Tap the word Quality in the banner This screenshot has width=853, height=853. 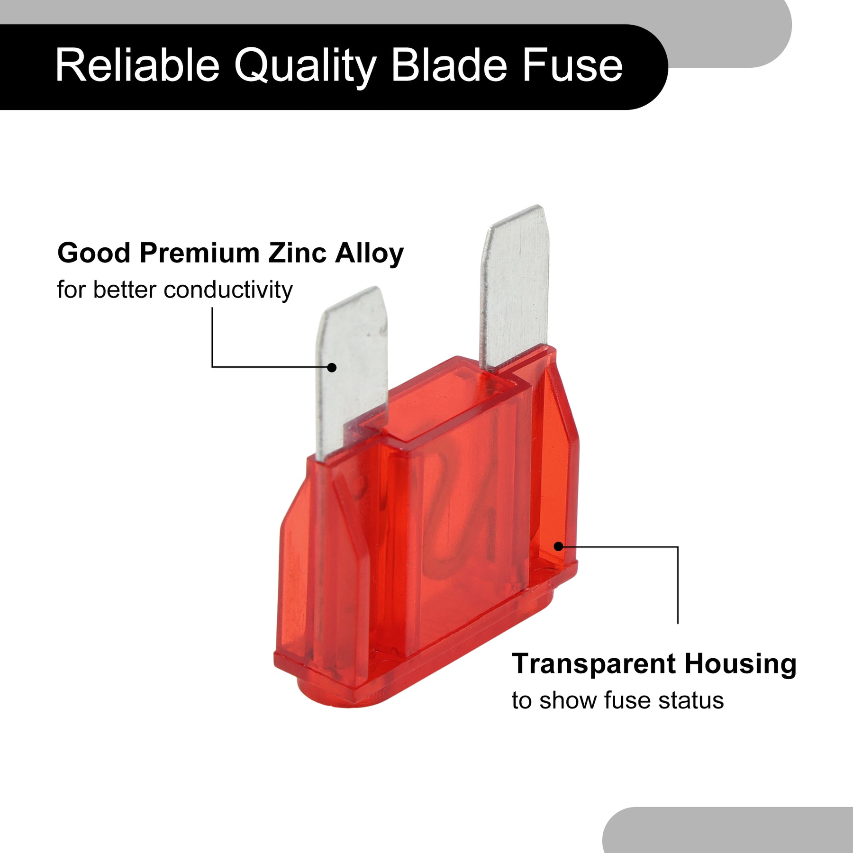(x=306, y=67)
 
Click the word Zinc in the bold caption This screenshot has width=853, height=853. (x=298, y=253)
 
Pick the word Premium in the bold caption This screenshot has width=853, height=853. (x=200, y=253)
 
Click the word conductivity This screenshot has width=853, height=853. (x=228, y=290)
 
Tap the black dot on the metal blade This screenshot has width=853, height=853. (x=332, y=367)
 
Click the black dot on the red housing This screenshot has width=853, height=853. (x=558, y=546)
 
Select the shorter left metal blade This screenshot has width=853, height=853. (x=352, y=374)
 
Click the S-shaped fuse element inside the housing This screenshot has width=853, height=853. (x=462, y=507)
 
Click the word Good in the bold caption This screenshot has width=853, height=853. (x=94, y=253)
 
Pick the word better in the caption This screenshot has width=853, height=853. (x=125, y=290)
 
